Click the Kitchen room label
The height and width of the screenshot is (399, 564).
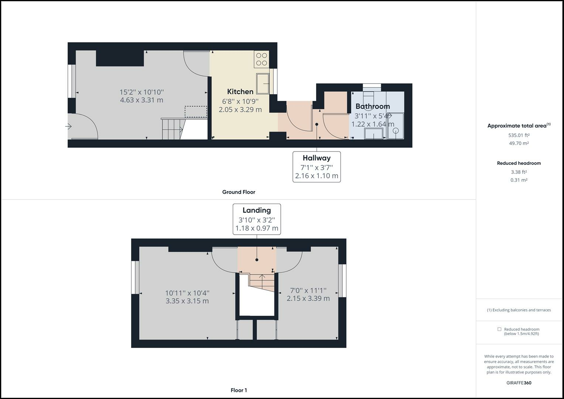(x=240, y=92)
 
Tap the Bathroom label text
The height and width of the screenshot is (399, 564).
(x=373, y=106)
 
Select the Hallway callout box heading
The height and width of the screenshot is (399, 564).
(x=317, y=158)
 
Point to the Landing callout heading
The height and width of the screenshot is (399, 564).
(x=257, y=210)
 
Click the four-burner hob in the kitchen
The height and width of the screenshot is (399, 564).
(x=262, y=59)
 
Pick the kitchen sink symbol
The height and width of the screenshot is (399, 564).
(x=263, y=83)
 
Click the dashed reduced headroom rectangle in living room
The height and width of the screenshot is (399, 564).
(x=196, y=112)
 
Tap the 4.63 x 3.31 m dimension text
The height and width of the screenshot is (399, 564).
(x=141, y=100)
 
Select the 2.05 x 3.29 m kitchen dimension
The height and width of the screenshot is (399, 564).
(x=240, y=110)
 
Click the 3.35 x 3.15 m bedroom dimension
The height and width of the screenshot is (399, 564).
(x=187, y=301)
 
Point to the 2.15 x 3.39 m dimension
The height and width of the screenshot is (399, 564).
(x=308, y=298)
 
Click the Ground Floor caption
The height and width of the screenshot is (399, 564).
(x=239, y=192)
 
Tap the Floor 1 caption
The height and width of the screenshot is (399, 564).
(x=239, y=390)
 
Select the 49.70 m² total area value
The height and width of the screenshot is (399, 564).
(x=519, y=143)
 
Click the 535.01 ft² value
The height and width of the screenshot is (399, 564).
(x=519, y=135)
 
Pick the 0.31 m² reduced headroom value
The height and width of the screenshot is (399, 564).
(x=519, y=180)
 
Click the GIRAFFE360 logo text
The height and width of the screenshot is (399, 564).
(x=519, y=383)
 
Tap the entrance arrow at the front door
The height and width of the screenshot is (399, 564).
(x=68, y=126)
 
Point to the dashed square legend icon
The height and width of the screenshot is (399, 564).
(x=499, y=329)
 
